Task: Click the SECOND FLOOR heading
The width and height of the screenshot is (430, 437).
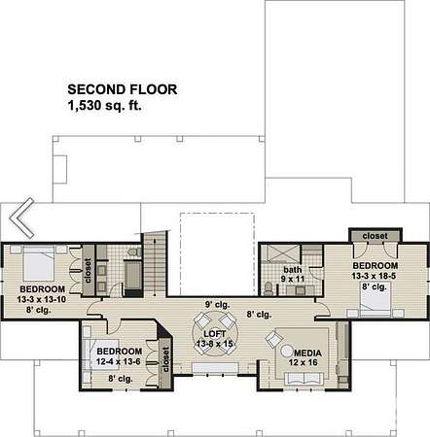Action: click(x=123, y=89)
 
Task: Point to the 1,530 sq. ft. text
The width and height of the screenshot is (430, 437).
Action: click(x=105, y=106)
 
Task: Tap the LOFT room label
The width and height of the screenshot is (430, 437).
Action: click(x=215, y=334)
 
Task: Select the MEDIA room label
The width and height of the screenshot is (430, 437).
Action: click(x=307, y=353)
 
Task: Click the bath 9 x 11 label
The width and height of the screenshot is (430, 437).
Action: click(x=293, y=274)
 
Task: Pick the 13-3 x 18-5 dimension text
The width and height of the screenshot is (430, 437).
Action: click(x=374, y=276)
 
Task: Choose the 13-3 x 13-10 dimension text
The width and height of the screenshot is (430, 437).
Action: click(x=42, y=299)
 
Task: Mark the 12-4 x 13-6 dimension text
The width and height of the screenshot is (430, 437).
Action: click(x=119, y=361)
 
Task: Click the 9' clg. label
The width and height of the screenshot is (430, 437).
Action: click(x=217, y=305)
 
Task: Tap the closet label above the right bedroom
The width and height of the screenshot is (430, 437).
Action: click(x=376, y=236)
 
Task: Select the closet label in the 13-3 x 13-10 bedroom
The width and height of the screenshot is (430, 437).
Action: click(x=88, y=270)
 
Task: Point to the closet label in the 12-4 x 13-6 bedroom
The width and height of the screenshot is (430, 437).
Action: click(x=165, y=359)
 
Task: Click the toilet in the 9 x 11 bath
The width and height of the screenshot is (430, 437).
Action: click(x=269, y=288)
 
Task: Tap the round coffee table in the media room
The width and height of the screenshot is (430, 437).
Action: click(x=287, y=351)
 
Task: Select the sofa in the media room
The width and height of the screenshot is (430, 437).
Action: click(x=304, y=379)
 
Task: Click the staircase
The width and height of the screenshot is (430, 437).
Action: click(x=156, y=263)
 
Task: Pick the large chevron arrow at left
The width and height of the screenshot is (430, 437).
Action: click(x=21, y=218)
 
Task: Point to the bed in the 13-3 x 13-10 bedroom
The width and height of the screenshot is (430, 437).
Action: click(x=38, y=263)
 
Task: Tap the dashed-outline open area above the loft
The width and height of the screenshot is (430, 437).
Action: click(x=217, y=254)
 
